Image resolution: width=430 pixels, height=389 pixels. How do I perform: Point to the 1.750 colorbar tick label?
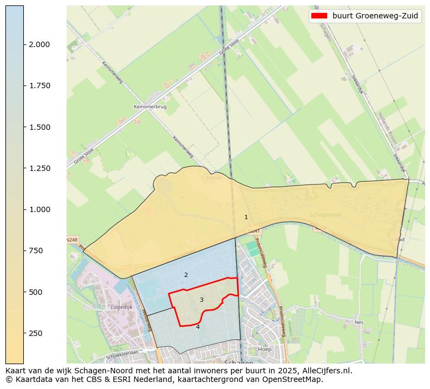(39, 85)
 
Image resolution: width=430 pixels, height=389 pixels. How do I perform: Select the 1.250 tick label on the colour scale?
(39, 168)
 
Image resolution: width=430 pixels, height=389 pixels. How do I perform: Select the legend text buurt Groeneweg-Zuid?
(375, 16)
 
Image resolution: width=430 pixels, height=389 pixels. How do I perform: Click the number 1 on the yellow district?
(246, 217)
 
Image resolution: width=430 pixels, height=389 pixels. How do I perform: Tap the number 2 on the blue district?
(186, 275)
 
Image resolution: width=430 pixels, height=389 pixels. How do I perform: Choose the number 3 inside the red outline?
(201, 300)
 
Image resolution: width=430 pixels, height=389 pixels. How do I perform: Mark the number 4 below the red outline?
(198, 327)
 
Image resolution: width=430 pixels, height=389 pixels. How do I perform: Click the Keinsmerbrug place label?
(150, 107)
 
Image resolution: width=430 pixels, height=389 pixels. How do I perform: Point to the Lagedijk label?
(121, 307)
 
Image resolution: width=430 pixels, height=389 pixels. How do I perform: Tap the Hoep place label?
(264, 349)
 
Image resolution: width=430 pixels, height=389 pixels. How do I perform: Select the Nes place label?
(359, 322)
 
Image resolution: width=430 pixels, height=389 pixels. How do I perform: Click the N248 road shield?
(72, 239)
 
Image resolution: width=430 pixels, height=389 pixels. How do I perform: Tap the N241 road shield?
(254, 231)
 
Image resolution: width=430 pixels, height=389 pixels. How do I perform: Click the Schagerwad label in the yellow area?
(323, 214)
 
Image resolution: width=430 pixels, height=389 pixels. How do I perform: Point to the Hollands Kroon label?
(388, 128)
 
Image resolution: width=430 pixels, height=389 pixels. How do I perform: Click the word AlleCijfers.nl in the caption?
(323, 371)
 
